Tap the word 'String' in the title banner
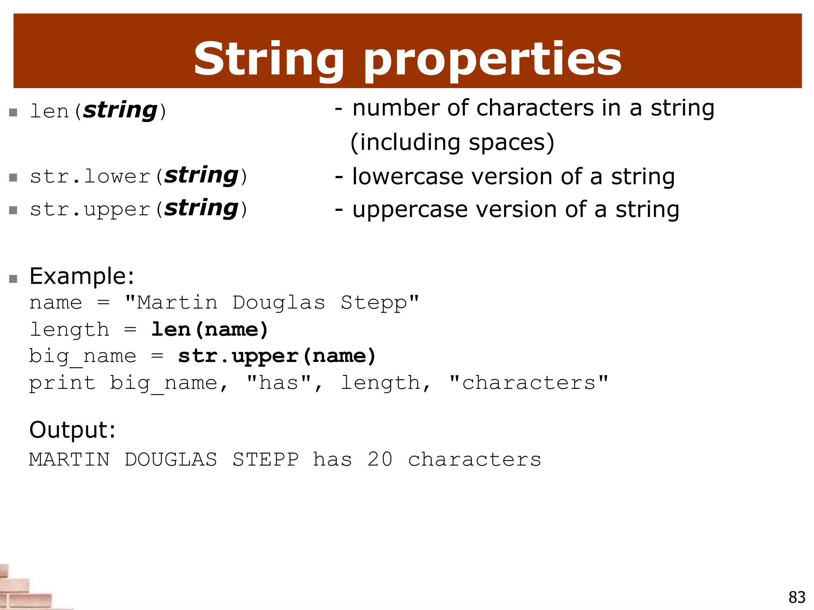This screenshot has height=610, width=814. [x=269, y=60]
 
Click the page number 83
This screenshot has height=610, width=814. [x=797, y=597]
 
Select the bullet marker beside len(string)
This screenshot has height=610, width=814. [x=13, y=112]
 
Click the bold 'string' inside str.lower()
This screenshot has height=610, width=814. [x=201, y=175]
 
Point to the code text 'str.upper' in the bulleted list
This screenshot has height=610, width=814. [x=90, y=209]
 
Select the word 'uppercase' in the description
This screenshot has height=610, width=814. [x=410, y=210]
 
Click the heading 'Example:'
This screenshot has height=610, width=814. [x=82, y=276]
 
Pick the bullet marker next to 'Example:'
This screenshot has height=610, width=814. [x=13, y=279]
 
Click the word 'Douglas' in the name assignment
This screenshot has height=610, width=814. [x=279, y=303]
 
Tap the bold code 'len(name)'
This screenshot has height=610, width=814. [x=209, y=330]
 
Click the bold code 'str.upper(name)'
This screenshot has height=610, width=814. [x=277, y=356]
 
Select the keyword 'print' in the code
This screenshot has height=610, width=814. [x=62, y=383]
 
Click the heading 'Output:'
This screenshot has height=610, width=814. [x=72, y=430]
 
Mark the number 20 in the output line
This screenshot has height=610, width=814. [x=380, y=459]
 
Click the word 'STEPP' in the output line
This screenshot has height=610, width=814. [x=265, y=459]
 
